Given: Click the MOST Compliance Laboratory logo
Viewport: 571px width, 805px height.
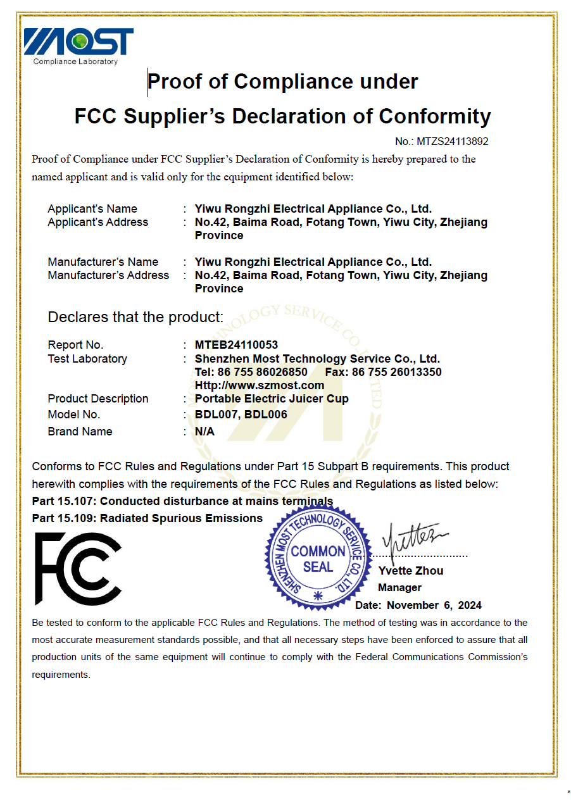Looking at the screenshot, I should [x=78, y=46].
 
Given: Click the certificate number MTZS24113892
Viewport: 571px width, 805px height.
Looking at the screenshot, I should [x=451, y=141].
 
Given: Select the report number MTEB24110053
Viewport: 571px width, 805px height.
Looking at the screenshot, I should [x=236, y=345].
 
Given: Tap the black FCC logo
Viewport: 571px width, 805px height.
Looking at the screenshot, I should [x=78, y=568].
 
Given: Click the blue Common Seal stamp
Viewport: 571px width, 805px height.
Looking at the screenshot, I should [x=317, y=558].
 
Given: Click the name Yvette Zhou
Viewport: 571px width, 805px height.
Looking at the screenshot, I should [x=410, y=570].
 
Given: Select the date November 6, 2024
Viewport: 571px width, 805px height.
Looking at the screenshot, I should [x=434, y=604].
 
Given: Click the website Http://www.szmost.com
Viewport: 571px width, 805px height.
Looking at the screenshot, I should [x=260, y=385].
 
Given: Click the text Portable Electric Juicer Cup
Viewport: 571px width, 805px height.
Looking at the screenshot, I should [x=272, y=399].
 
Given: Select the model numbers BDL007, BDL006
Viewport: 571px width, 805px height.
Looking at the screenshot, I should [x=241, y=415].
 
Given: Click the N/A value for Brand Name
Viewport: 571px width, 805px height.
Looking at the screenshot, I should [x=204, y=432].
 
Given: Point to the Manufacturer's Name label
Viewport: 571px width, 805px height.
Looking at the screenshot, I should [x=103, y=262].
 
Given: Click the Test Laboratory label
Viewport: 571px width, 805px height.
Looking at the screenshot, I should [x=87, y=359].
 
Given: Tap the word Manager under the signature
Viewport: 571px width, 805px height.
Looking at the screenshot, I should [x=399, y=587].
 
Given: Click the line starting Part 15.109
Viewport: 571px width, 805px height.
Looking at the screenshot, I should [x=147, y=518].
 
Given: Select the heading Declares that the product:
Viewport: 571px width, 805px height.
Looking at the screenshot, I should [x=135, y=317].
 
